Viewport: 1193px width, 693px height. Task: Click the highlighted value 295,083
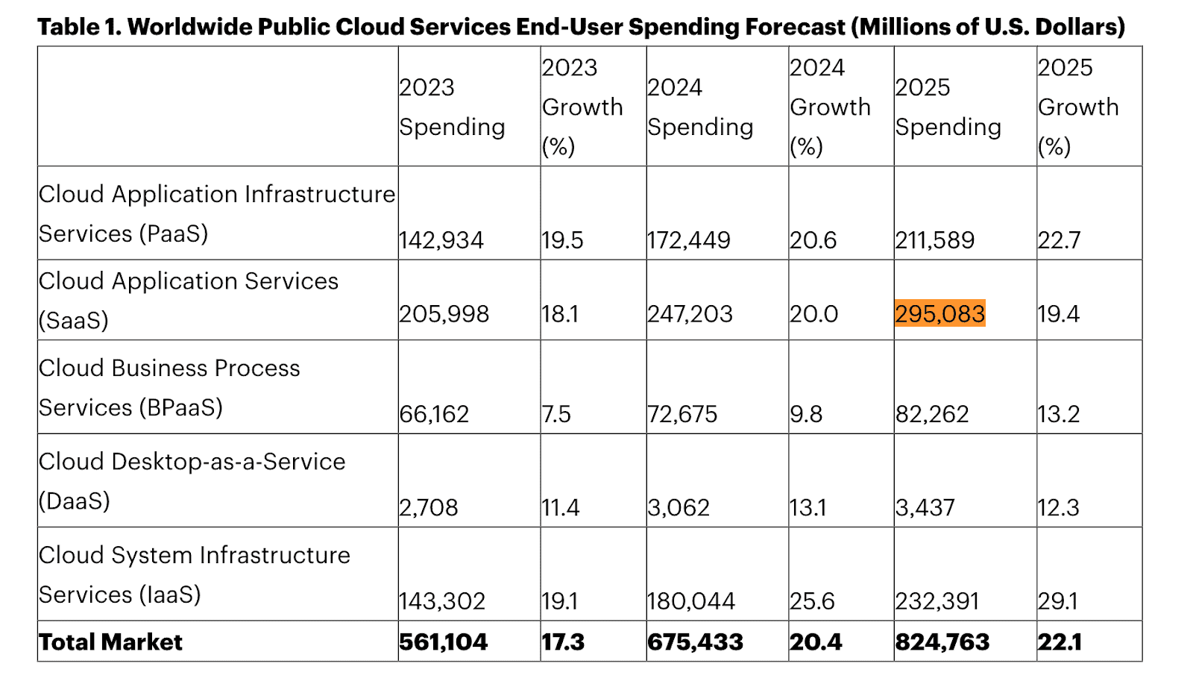click(x=939, y=314)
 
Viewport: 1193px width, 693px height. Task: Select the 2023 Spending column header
click(x=452, y=107)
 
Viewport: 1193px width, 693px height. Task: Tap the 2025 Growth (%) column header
click(x=1077, y=107)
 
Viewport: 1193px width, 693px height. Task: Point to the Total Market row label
click(x=110, y=642)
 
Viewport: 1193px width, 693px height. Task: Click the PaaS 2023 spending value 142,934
click(x=441, y=240)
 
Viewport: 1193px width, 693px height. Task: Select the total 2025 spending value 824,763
click(x=942, y=642)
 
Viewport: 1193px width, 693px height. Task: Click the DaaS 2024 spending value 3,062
click(x=678, y=508)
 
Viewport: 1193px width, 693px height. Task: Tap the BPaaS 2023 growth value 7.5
click(x=556, y=414)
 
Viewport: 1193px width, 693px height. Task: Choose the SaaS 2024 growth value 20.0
click(x=813, y=314)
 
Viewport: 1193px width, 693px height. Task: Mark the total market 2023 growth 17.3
click(x=563, y=642)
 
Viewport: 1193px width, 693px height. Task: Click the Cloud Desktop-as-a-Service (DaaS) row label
click(x=192, y=481)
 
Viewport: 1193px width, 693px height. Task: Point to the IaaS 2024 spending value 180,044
click(x=690, y=601)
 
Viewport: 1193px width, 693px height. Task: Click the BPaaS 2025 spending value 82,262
click(x=931, y=414)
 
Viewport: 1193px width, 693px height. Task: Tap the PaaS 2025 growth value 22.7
click(x=1059, y=240)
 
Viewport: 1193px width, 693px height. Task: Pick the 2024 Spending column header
click(x=700, y=107)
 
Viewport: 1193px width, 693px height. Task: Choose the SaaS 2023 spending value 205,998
click(x=444, y=314)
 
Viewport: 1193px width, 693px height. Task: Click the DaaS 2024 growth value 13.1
click(x=808, y=508)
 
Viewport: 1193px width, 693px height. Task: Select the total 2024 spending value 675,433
click(x=695, y=642)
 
